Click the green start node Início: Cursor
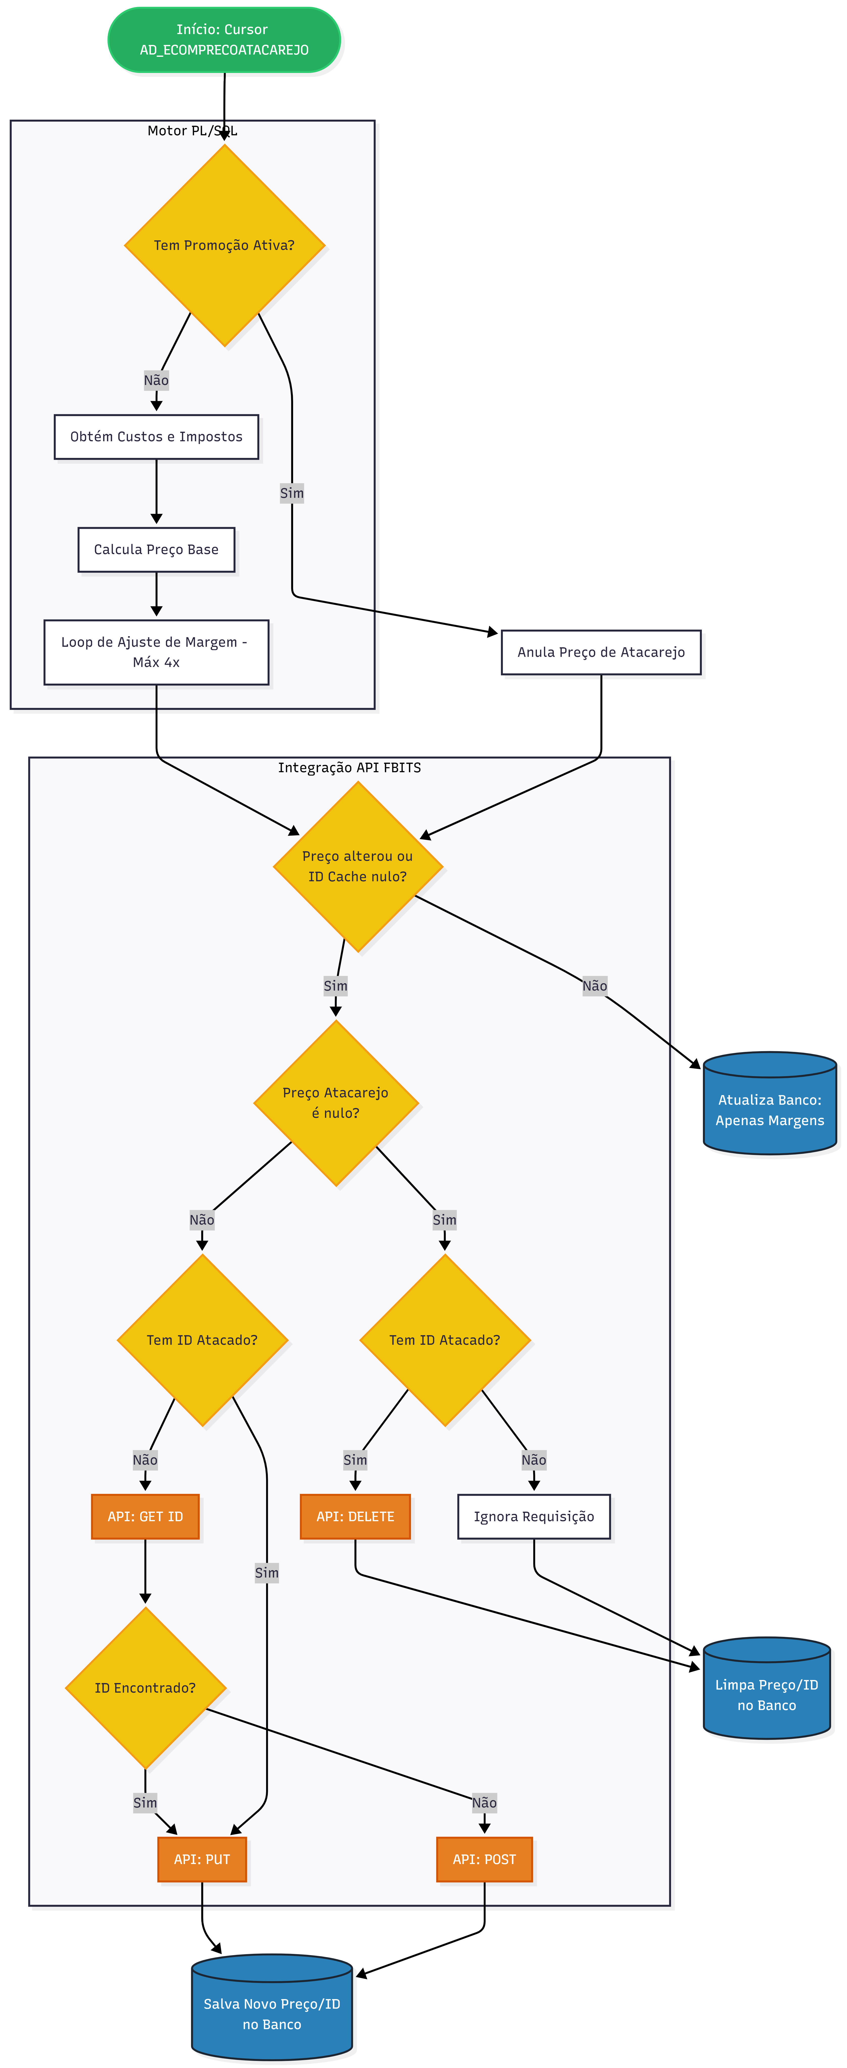coord(224,39)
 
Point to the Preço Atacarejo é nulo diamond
coord(336,1102)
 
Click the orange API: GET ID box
coord(145,1516)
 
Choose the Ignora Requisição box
coord(534,1516)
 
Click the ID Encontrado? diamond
coord(145,1688)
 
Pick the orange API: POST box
coord(484,1859)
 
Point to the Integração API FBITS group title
coord(349,767)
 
